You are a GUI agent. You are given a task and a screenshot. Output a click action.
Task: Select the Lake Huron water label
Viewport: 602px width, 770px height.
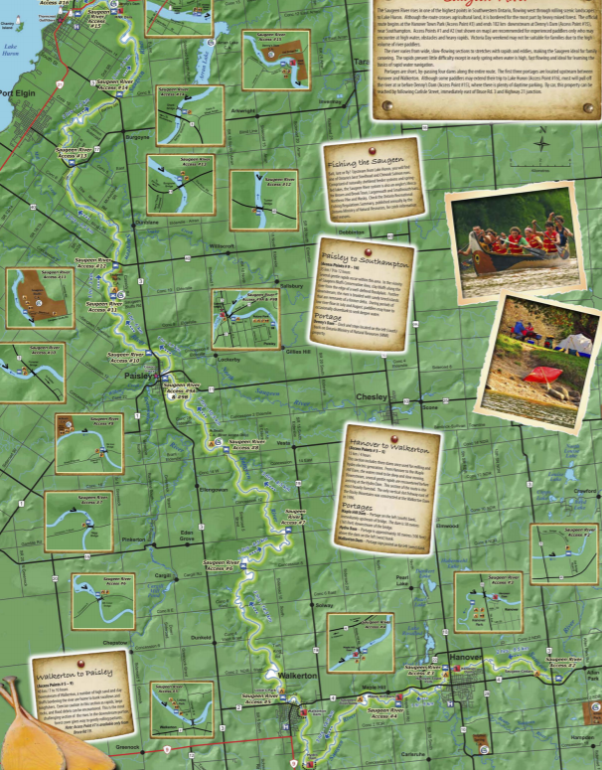11,49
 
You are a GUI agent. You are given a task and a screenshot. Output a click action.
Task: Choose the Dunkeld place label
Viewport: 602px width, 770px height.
202,637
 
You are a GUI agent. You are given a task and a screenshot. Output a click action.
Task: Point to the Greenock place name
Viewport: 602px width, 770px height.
129,743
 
